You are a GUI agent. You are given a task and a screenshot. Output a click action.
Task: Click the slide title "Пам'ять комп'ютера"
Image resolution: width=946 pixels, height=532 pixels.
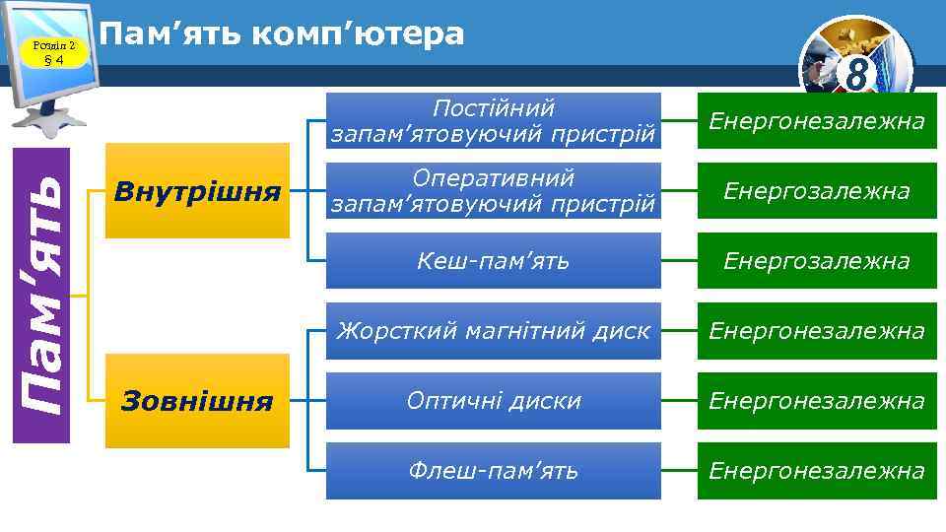pos(282,33)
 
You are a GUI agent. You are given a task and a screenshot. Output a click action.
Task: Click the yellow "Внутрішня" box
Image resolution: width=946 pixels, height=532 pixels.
pos(197,190)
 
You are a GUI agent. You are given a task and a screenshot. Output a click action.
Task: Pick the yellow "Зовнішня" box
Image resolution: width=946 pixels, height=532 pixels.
pos(197,401)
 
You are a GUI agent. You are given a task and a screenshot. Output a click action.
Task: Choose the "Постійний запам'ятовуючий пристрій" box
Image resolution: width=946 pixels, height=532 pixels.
pos(494,120)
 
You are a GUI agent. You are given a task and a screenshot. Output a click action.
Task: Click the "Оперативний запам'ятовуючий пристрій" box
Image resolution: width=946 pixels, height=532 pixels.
pos(494,190)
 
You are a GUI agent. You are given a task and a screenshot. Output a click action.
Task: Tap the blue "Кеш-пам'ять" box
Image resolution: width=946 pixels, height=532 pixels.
pos(494,261)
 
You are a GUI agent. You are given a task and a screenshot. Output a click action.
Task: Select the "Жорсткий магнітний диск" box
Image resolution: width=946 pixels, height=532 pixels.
pos(494,331)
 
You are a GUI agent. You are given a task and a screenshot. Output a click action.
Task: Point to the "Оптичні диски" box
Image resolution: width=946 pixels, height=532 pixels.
pos(494,401)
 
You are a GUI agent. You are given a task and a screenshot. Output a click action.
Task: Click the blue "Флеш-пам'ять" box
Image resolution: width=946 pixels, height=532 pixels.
pos(494,471)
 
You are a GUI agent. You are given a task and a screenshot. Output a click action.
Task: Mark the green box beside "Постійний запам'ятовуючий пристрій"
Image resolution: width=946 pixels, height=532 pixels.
pos(817,120)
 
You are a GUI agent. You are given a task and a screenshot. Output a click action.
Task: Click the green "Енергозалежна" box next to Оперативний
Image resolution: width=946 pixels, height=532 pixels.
pos(817,190)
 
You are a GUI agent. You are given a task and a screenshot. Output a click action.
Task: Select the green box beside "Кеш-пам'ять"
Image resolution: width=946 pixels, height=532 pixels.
pos(817,261)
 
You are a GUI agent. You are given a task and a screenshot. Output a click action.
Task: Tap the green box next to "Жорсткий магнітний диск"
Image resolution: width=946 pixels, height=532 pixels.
pos(817,331)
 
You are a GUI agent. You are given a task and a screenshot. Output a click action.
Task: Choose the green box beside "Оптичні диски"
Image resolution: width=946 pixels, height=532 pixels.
pos(817,401)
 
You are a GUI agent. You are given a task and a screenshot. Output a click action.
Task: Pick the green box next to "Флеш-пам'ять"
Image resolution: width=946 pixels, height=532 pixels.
pos(817,471)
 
